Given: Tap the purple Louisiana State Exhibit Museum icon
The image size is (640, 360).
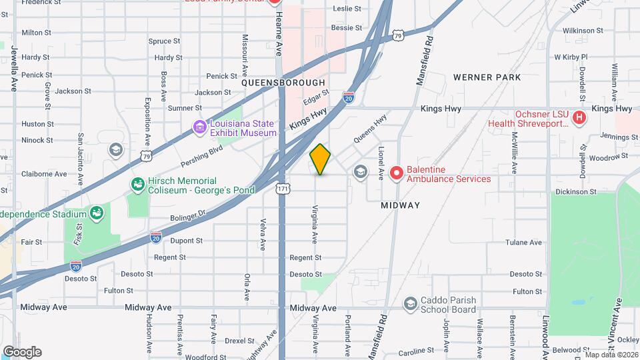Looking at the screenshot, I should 199,127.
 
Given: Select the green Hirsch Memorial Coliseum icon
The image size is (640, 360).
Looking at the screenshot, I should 138,184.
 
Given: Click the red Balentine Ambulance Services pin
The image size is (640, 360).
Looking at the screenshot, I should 397,173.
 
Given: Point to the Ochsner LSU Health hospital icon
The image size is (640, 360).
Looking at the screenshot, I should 579,118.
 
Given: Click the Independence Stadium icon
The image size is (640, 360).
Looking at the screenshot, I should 97,213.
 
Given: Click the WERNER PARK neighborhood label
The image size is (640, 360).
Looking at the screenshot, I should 487,77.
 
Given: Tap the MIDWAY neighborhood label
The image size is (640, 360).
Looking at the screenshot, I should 401,205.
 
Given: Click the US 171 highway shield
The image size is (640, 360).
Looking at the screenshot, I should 282,190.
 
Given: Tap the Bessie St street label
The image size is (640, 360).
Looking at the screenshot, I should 347,29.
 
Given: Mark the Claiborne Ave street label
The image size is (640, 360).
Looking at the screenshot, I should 43,173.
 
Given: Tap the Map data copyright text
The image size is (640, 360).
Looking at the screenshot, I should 610,354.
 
